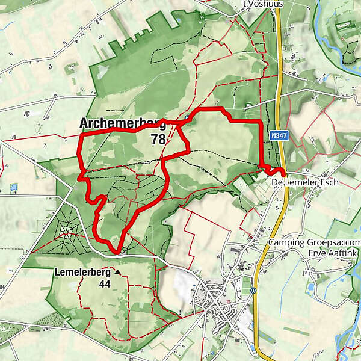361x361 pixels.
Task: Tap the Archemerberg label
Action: coord(122,124)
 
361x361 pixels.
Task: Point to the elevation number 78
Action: coord(158,140)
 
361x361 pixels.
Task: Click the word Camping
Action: coord(288,243)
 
